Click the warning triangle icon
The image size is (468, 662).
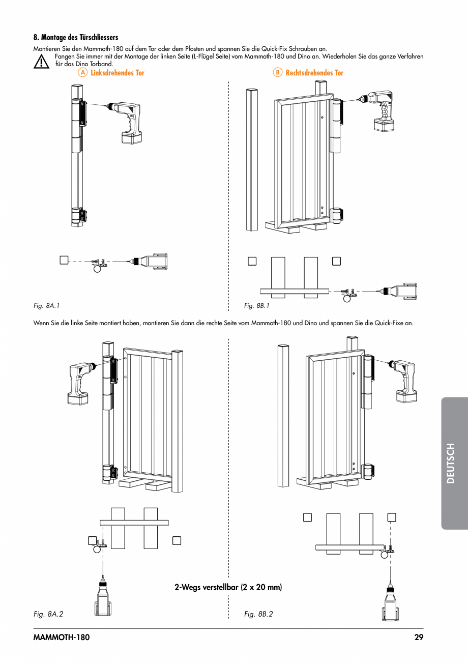[x=40, y=62]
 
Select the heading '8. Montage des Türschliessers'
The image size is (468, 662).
[x=76, y=38]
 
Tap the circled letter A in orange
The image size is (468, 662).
[x=82, y=73]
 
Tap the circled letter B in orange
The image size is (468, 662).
[x=277, y=73]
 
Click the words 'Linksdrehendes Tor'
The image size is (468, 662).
[x=118, y=73]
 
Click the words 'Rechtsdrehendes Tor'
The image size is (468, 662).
[x=314, y=73]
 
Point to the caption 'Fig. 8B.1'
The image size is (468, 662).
[x=256, y=306]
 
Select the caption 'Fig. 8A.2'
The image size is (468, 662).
[x=48, y=614]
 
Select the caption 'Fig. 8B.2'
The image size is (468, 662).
[x=258, y=614]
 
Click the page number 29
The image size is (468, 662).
[x=419, y=637]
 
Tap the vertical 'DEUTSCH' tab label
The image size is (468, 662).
[x=450, y=463]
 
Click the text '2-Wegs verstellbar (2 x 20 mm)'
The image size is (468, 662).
[x=228, y=587]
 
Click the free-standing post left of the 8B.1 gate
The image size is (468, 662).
[x=252, y=160]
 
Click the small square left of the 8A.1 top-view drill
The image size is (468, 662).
[x=63, y=260]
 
